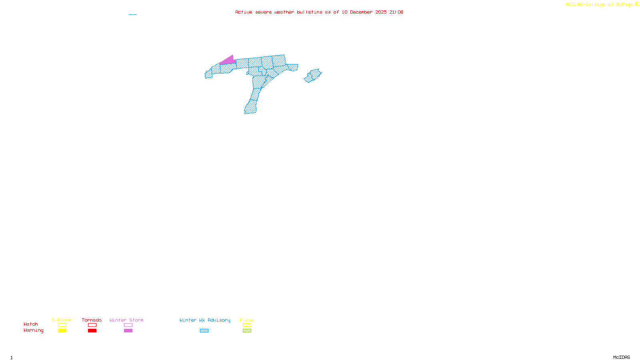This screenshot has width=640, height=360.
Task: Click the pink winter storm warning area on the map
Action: [x=228, y=60]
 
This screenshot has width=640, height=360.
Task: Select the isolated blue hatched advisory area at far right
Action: [x=313, y=75]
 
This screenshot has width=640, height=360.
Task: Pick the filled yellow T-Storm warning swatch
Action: [x=62, y=331]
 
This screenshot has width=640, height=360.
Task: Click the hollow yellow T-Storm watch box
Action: [x=62, y=325]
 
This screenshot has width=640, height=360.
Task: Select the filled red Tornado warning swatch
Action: [x=92, y=331]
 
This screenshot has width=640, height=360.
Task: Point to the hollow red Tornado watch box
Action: [x=92, y=325]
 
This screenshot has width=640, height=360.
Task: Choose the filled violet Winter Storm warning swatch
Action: [x=128, y=331]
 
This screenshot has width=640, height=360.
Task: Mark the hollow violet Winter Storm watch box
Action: [x=128, y=325]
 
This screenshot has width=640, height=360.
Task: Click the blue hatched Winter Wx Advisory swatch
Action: [x=204, y=331]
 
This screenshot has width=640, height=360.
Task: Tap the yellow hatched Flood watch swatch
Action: [x=247, y=325]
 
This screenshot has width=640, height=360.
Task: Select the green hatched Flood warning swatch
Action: [x=247, y=331]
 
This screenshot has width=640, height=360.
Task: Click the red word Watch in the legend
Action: [x=31, y=324]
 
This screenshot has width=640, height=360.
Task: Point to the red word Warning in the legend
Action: [x=33, y=330]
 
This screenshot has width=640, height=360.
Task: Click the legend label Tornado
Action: [x=92, y=320]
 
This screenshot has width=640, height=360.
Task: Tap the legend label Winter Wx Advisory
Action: [x=205, y=320]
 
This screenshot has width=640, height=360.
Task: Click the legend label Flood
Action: [x=247, y=320]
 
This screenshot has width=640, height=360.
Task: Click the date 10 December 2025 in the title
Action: [x=364, y=12]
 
